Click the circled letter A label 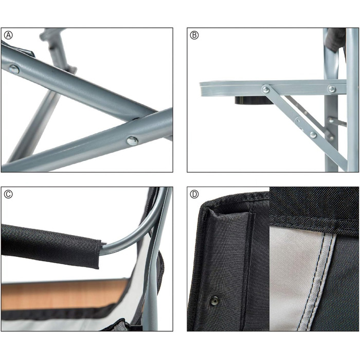pyautogui.click(x=9, y=35)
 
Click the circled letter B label pyautogui.click(x=194, y=35)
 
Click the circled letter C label pyautogui.click(x=8, y=194)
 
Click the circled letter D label pyautogui.click(x=194, y=194)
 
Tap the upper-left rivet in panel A pyautogui.click(x=14, y=69)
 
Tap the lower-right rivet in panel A pyautogui.click(x=133, y=140)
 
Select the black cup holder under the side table pyautogui.click(x=253, y=100)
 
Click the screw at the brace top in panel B pyautogui.click(x=266, y=89)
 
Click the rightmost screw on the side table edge pyautogui.click(x=332, y=88)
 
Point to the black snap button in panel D pyautogui.click(x=214, y=300)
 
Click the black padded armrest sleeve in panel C pyautogui.click(x=51, y=245)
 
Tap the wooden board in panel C pyautogui.click(x=64, y=294)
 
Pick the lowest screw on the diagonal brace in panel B pyautogui.click(x=313, y=135)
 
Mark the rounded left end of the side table pyautogui.click(x=202, y=89)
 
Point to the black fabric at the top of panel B pyautogui.click(x=336, y=40)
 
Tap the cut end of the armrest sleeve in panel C pyautogui.click(x=99, y=255)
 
